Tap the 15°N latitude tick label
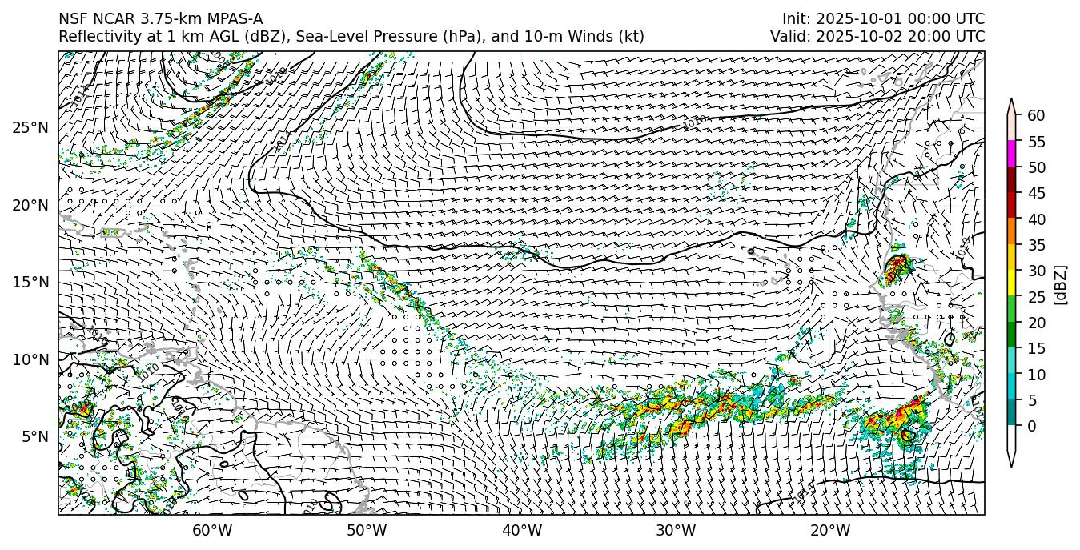31,282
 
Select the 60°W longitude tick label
212,530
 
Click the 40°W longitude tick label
522,530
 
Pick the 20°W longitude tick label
830,530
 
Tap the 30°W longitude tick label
676,530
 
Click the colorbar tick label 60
1036,116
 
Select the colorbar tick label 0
1032,426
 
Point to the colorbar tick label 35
1036,245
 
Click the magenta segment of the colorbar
1011,153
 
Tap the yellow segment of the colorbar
1011,282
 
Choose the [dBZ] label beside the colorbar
1062,284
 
